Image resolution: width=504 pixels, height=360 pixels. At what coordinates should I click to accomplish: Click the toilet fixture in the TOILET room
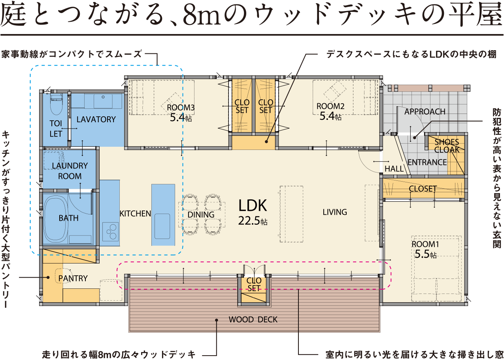(56, 104)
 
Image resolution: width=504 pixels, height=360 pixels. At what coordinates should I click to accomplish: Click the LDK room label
(253, 205)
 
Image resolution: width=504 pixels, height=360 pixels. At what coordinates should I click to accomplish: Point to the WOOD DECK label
(253, 320)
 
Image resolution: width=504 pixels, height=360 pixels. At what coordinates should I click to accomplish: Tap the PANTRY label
(73, 278)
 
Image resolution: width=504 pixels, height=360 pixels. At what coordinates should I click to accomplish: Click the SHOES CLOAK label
(447, 146)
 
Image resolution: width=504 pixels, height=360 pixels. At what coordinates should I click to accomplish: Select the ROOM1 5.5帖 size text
(425, 254)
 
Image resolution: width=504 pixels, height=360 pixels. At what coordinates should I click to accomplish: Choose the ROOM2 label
(330, 106)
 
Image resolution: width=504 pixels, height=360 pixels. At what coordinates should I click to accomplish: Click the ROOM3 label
(181, 108)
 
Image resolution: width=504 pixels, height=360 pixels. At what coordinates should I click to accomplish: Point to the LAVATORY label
(96, 119)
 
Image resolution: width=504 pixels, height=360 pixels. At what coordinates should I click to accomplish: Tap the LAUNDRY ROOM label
(70, 171)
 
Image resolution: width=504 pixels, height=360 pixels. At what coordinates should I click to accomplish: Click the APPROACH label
(425, 112)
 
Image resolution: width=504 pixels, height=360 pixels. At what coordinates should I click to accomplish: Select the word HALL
(394, 169)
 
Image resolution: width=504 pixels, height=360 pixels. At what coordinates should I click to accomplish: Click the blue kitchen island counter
(163, 215)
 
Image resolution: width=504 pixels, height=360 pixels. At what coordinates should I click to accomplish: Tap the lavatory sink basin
(103, 101)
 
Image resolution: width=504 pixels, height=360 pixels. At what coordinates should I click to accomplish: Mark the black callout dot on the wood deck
(217, 320)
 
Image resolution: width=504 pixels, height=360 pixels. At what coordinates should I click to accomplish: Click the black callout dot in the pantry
(48, 277)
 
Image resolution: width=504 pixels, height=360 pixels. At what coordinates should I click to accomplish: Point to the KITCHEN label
(135, 214)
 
